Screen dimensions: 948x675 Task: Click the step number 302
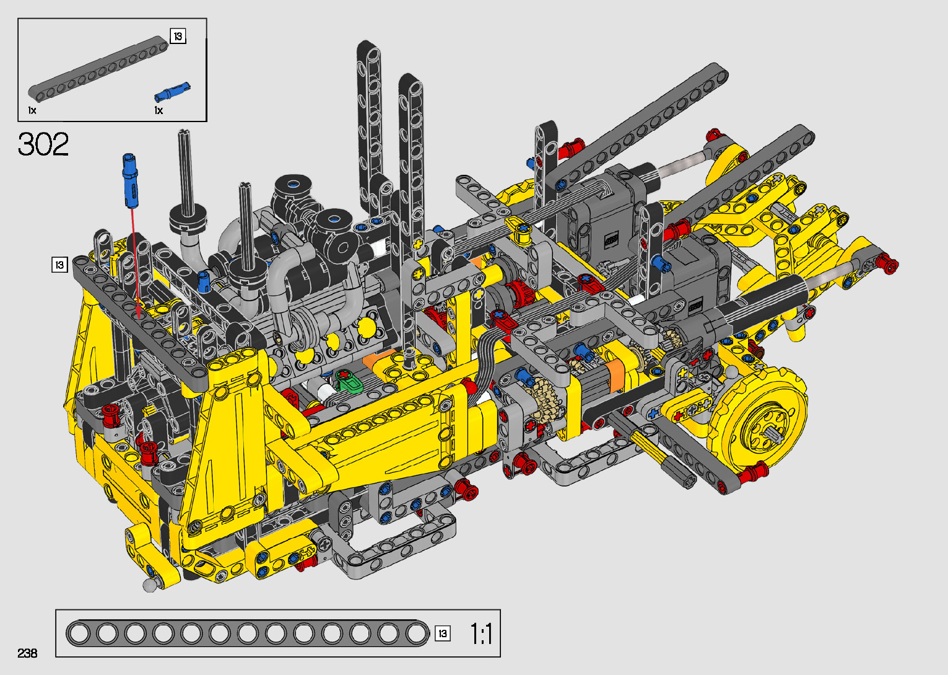[43, 144]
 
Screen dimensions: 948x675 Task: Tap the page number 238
[27, 653]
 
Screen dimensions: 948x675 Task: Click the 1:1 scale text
[482, 634]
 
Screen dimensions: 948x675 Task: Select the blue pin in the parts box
[172, 92]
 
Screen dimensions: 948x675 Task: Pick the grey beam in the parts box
[98, 69]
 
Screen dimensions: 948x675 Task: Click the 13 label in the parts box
[178, 37]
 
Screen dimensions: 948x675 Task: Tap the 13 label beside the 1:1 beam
[443, 633]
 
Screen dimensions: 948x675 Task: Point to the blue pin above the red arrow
[131, 181]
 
